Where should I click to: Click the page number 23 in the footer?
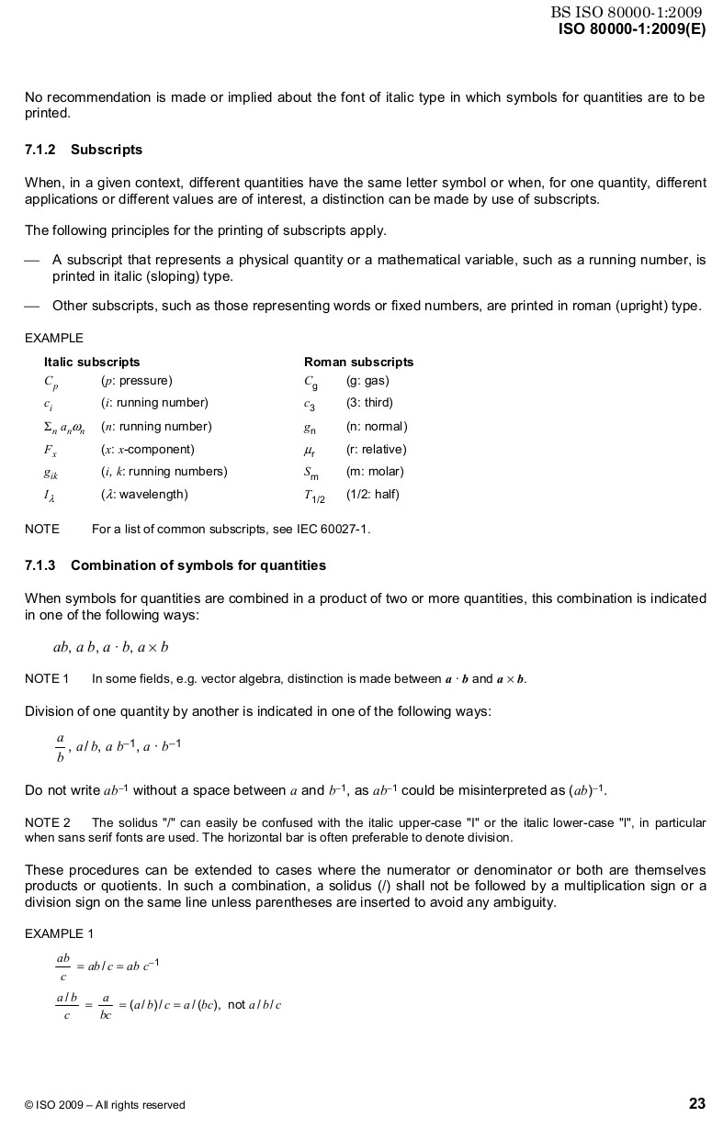(x=696, y=1103)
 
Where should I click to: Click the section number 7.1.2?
(x=40, y=149)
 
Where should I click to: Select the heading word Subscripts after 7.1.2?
(x=107, y=149)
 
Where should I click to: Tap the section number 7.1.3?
(x=40, y=564)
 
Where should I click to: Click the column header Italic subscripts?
(x=92, y=362)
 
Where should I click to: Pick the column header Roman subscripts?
(x=358, y=362)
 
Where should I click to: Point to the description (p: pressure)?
(x=137, y=380)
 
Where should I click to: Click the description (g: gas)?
(x=367, y=380)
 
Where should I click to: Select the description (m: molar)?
(x=375, y=472)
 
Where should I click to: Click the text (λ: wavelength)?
(x=144, y=495)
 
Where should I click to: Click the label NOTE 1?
(x=47, y=679)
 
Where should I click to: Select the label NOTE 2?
(x=47, y=822)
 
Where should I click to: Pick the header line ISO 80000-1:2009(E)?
(x=632, y=28)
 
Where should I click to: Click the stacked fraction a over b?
(x=61, y=747)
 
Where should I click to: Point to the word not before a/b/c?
(x=236, y=1005)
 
